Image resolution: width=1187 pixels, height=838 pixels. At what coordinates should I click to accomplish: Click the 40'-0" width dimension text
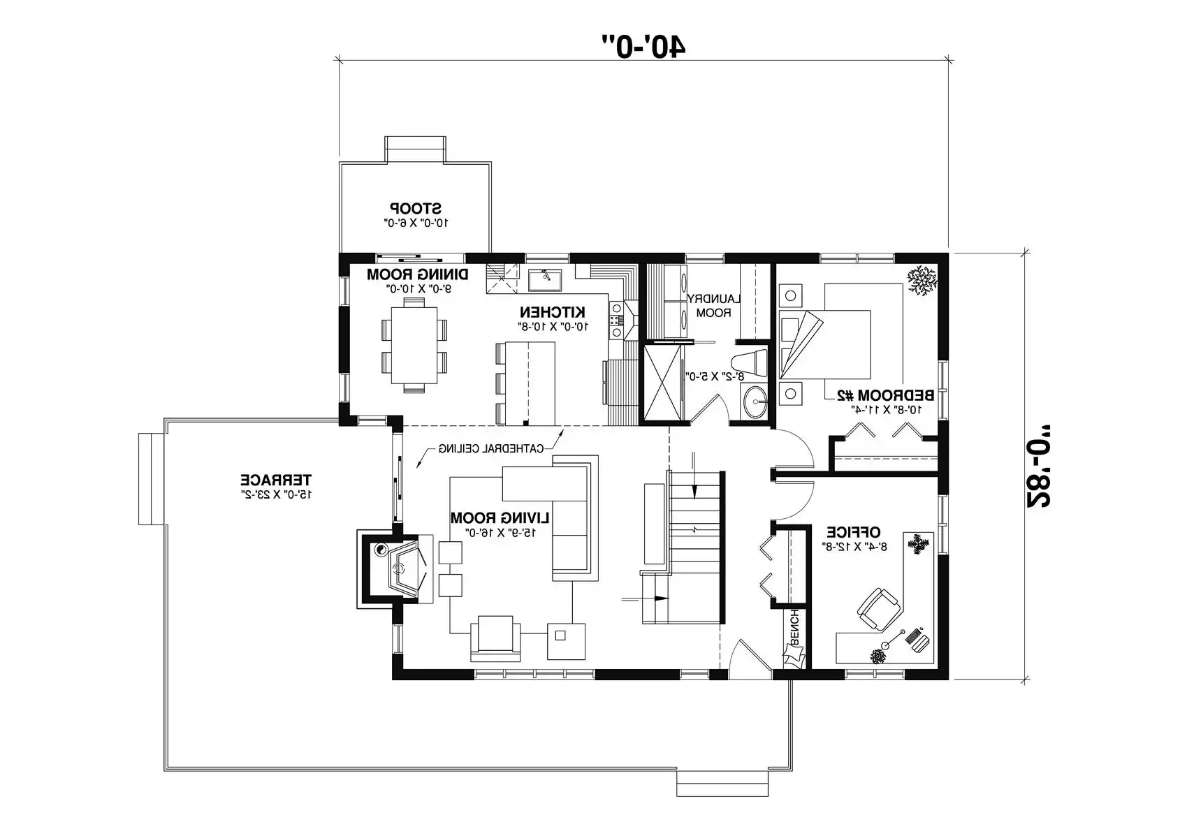pyautogui.click(x=644, y=44)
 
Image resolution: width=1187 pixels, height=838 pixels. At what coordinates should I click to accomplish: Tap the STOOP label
pyautogui.click(x=416, y=208)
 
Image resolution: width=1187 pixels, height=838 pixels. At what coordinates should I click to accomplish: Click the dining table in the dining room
pyautogui.click(x=414, y=344)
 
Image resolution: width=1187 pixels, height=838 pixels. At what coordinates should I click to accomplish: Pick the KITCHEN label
pyautogui.click(x=552, y=311)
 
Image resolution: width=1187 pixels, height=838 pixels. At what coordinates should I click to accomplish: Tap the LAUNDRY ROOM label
pyautogui.click(x=713, y=306)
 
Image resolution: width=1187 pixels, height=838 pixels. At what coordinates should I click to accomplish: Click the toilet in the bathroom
pyautogui.click(x=748, y=364)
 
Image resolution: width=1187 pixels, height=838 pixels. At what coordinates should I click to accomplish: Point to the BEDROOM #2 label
pyautogui.click(x=885, y=395)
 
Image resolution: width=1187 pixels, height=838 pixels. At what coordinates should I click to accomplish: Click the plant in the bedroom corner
pyautogui.click(x=922, y=281)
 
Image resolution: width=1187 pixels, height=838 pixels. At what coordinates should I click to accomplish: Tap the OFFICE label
pyautogui.click(x=853, y=532)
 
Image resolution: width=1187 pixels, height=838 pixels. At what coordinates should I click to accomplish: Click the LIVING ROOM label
pyautogui.click(x=500, y=518)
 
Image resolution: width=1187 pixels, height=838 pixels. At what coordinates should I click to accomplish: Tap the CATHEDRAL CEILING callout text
pyautogui.click(x=490, y=448)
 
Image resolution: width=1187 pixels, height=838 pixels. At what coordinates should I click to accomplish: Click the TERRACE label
pyautogui.click(x=276, y=480)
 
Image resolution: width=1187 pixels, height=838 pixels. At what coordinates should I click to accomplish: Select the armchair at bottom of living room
pyautogui.click(x=495, y=638)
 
